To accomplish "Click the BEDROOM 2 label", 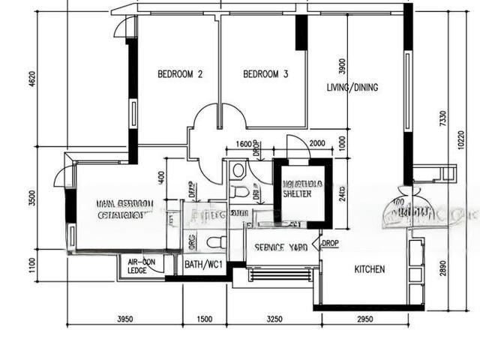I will point(180,74).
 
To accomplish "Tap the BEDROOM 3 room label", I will point(265,74).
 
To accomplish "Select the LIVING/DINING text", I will point(352,87).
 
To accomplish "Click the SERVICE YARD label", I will point(280,247).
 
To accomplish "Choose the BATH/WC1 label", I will point(203,265).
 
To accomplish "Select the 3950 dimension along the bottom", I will point(124,319).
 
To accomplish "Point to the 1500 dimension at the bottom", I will point(205,319).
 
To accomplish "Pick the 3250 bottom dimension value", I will point(274,319).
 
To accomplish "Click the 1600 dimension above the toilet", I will point(243,144).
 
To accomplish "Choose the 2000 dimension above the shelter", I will point(316,144).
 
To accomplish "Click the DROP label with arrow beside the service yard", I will point(330,244).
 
